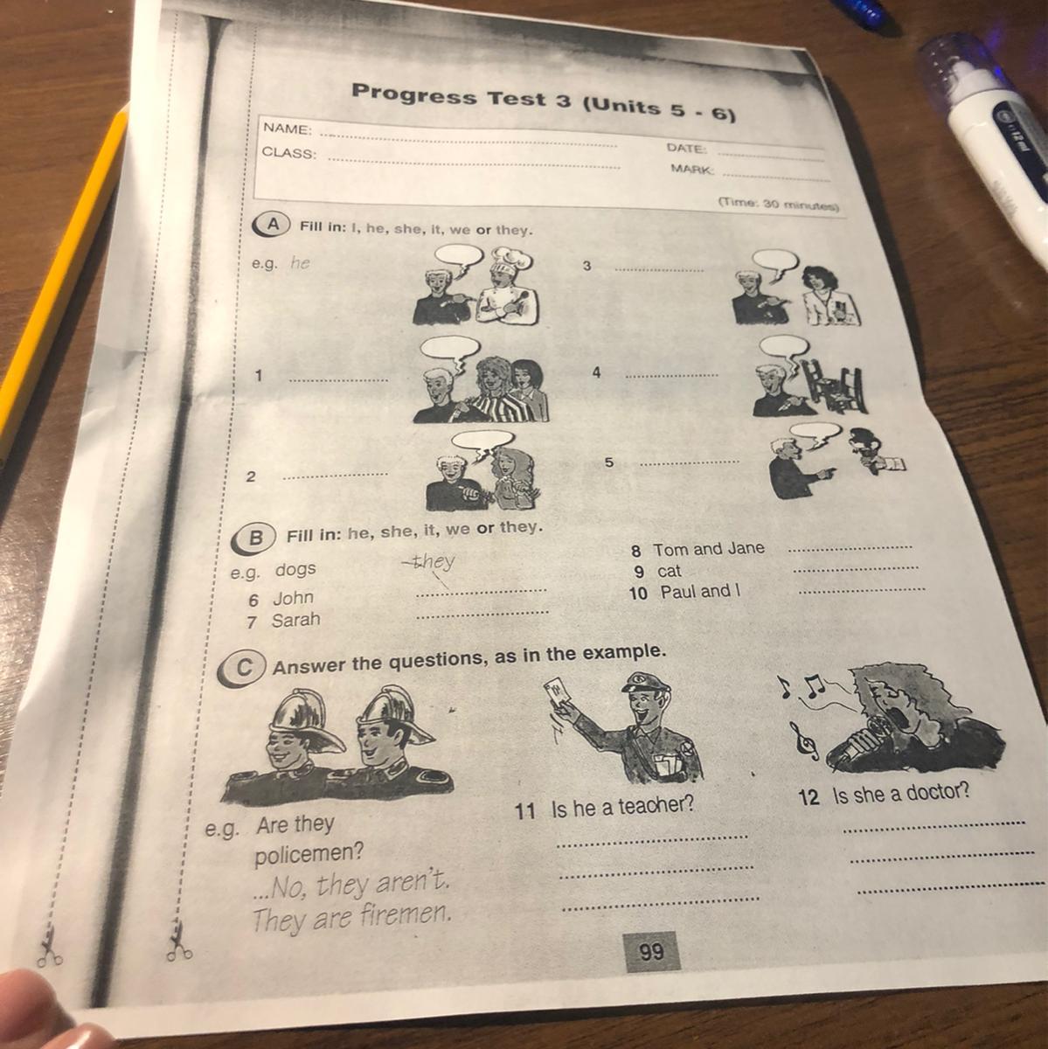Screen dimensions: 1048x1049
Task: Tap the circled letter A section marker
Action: [271, 226]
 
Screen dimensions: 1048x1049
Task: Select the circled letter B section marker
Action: [253, 538]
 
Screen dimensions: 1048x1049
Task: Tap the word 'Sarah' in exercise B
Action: [296, 620]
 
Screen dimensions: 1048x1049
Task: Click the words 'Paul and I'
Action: [700, 591]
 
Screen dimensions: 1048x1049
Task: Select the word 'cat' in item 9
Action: [669, 571]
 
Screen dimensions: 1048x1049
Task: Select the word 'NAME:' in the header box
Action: [288, 129]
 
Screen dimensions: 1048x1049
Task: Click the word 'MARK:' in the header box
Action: [691, 170]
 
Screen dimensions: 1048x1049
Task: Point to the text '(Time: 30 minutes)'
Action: [779, 205]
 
